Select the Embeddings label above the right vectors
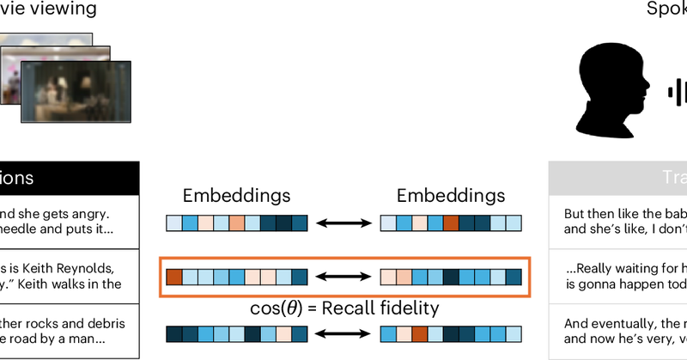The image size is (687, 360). click(x=452, y=197)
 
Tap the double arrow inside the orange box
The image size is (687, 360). click(x=343, y=278)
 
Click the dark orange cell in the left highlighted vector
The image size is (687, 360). click(x=173, y=278)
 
